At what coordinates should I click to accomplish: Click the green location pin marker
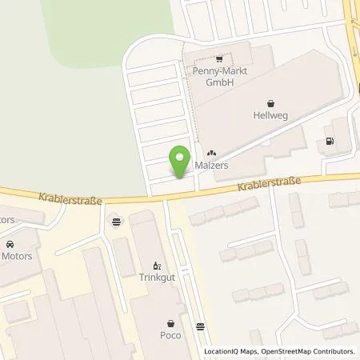180,158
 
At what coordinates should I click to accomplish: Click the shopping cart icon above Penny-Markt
218,58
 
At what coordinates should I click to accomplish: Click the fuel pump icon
329,142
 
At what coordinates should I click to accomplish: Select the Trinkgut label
156,279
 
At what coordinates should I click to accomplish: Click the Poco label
169,337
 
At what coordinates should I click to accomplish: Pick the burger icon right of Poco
199,326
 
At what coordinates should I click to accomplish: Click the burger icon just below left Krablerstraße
117,222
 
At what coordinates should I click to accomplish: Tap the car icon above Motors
10,244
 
